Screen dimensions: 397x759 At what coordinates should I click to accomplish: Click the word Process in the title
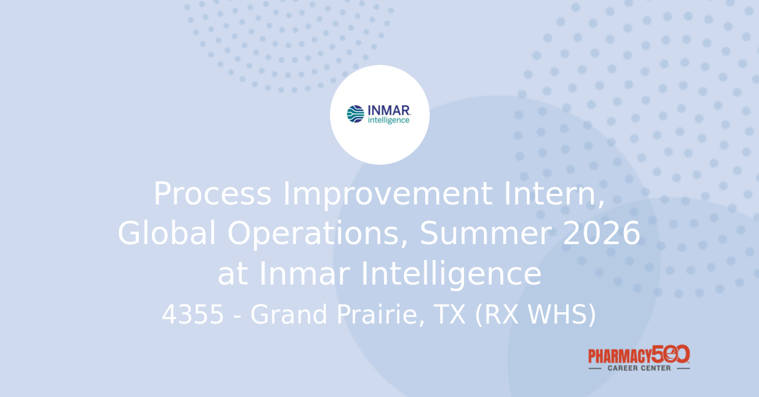point(212,195)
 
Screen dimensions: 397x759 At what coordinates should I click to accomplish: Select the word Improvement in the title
point(387,195)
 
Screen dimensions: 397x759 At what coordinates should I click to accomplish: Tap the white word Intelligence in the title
point(451,274)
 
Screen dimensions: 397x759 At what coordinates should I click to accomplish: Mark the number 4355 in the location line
point(194,316)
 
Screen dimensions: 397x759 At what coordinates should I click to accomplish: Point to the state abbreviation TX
point(449,316)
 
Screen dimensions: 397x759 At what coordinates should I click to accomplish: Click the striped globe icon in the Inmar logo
point(355,114)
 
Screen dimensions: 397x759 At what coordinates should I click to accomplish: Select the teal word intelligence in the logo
point(389,120)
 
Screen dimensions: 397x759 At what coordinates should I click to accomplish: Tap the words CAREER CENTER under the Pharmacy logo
point(639,368)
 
